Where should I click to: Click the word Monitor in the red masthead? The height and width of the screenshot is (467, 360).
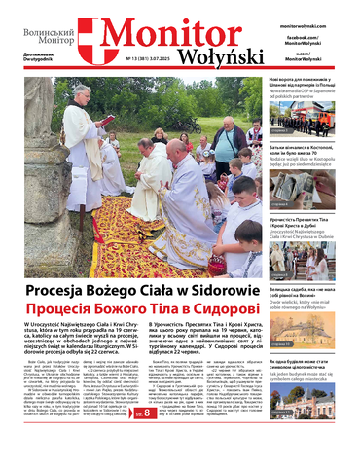171,32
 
